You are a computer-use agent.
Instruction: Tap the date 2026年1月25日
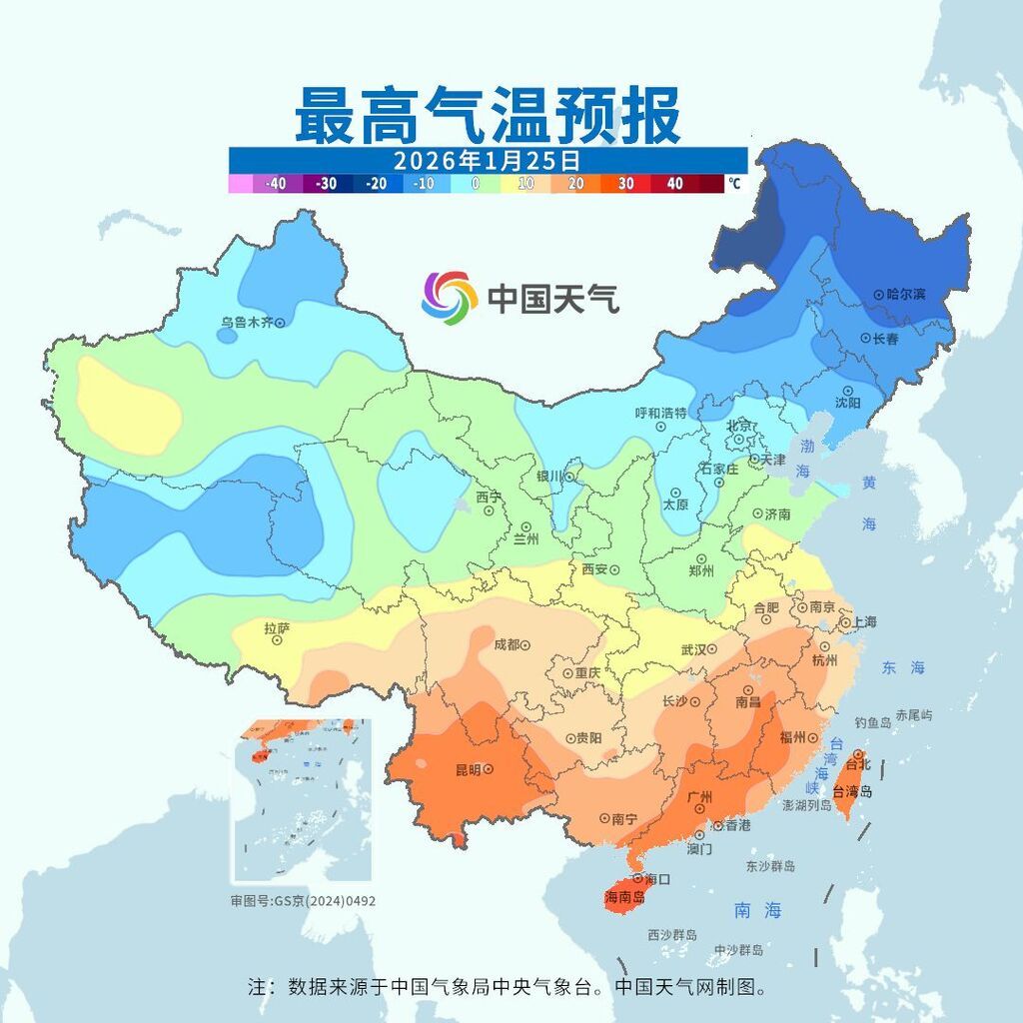pos(487,160)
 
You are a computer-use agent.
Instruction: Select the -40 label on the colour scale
pos(276,184)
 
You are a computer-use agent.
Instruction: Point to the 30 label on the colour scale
pos(625,184)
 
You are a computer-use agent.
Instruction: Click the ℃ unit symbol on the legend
pos(734,184)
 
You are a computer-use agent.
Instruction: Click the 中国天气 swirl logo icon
pos(449,298)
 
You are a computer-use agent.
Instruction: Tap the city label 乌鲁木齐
pos(246,322)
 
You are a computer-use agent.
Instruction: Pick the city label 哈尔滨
pos(905,294)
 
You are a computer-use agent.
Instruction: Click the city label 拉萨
pos(277,628)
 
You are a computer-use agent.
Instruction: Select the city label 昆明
pos(468,769)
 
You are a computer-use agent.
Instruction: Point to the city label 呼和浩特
pos(660,413)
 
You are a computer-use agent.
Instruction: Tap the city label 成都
pos(507,644)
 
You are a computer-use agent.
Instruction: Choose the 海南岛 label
pos(624,897)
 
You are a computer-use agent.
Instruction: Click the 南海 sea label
pos(757,910)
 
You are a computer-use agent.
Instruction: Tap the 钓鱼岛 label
pos(873,721)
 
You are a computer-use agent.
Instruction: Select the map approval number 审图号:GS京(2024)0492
pos(303,900)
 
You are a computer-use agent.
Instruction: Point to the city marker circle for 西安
pos(615,568)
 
